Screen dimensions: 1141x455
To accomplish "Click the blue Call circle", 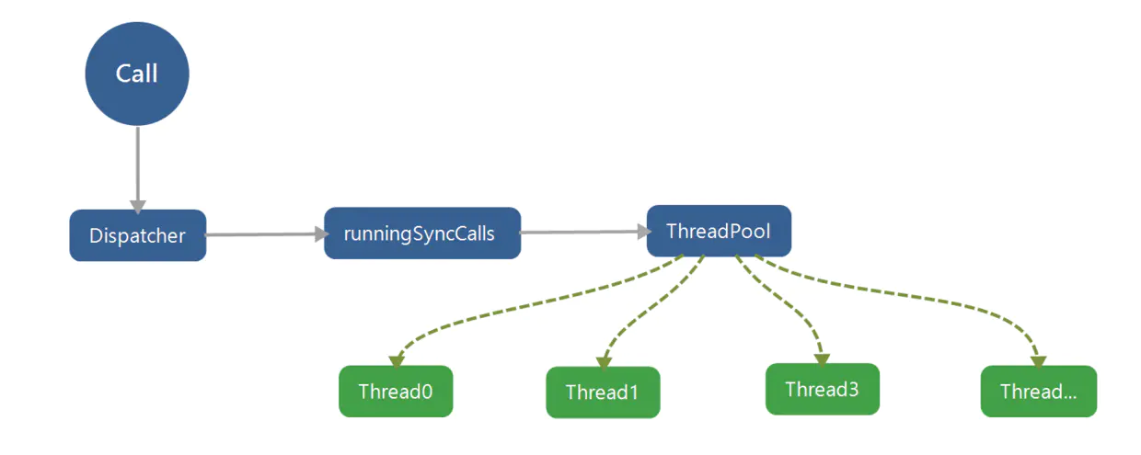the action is (x=137, y=74).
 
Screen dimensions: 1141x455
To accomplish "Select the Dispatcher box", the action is (x=138, y=235).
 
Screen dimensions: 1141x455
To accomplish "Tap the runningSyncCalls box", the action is (x=422, y=233).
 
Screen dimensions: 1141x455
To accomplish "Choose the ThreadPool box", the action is (x=719, y=231).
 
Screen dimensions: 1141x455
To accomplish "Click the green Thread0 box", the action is (x=396, y=392).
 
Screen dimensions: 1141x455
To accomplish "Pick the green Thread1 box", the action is (x=603, y=392).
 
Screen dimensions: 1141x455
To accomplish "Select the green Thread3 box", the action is (x=822, y=390).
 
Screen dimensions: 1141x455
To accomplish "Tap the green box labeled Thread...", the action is (x=1039, y=392).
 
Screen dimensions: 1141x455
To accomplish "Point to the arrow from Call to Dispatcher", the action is (x=137, y=170).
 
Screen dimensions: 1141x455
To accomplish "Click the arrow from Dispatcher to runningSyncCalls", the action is (x=267, y=234).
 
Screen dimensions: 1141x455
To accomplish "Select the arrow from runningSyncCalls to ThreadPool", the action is (x=585, y=232).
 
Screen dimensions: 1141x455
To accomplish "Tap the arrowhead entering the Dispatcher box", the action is (x=138, y=207).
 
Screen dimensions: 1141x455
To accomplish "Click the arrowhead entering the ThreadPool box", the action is (x=644, y=232).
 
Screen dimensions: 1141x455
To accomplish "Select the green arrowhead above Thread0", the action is (x=397, y=361).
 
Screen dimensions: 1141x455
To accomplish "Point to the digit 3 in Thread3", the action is (x=854, y=390).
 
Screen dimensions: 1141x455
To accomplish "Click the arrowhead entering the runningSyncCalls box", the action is (x=322, y=234).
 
